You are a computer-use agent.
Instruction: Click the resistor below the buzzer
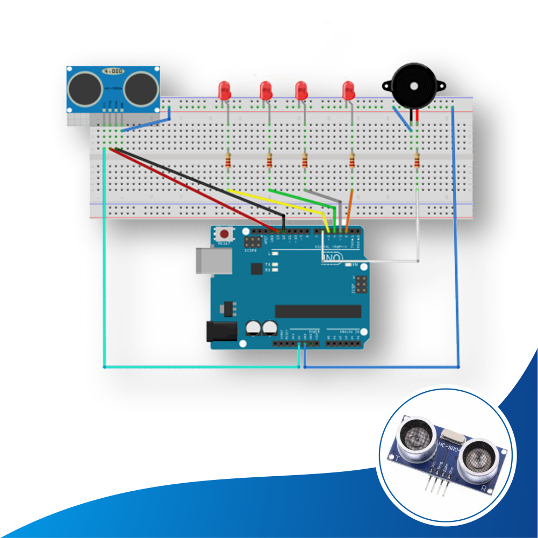[418, 160]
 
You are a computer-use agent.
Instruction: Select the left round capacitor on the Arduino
[253, 328]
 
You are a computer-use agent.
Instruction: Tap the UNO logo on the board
[333, 259]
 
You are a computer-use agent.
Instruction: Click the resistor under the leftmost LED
[229, 160]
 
